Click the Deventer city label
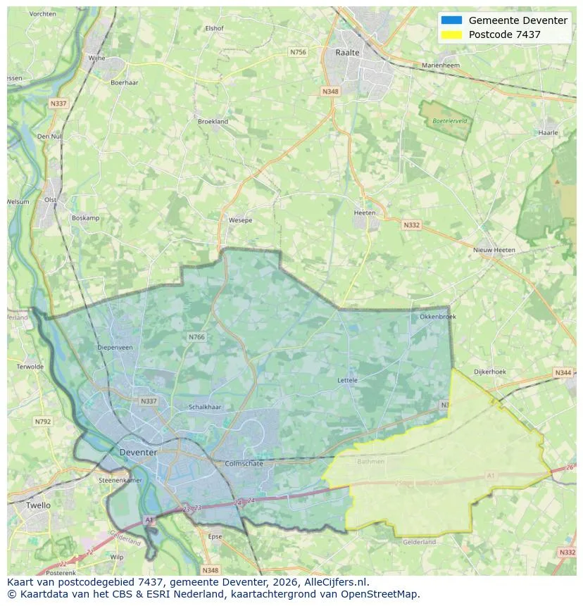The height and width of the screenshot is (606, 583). (138, 452)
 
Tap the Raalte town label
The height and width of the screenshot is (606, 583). (347, 53)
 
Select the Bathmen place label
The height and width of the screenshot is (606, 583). (371, 462)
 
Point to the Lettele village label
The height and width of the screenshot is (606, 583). (347, 380)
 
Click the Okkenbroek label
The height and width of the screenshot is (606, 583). (437, 317)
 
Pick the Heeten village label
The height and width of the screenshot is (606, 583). (365, 213)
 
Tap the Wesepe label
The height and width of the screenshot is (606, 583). (240, 220)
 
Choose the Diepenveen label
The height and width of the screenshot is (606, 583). (115, 347)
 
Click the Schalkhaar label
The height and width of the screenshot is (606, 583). (205, 407)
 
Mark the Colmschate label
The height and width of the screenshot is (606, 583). (243, 464)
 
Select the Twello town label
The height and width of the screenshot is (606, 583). (38, 505)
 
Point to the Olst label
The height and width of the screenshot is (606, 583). (50, 200)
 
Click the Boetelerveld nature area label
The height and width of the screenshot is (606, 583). (450, 121)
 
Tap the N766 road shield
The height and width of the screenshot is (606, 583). (196, 337)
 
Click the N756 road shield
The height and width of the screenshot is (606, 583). (298, 52)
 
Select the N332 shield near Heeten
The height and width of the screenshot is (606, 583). (411, 225)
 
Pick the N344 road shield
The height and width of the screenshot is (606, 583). (563, 372)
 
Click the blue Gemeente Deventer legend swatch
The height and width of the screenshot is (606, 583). (451, 20)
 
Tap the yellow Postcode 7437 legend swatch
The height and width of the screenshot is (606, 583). (451, 34)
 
